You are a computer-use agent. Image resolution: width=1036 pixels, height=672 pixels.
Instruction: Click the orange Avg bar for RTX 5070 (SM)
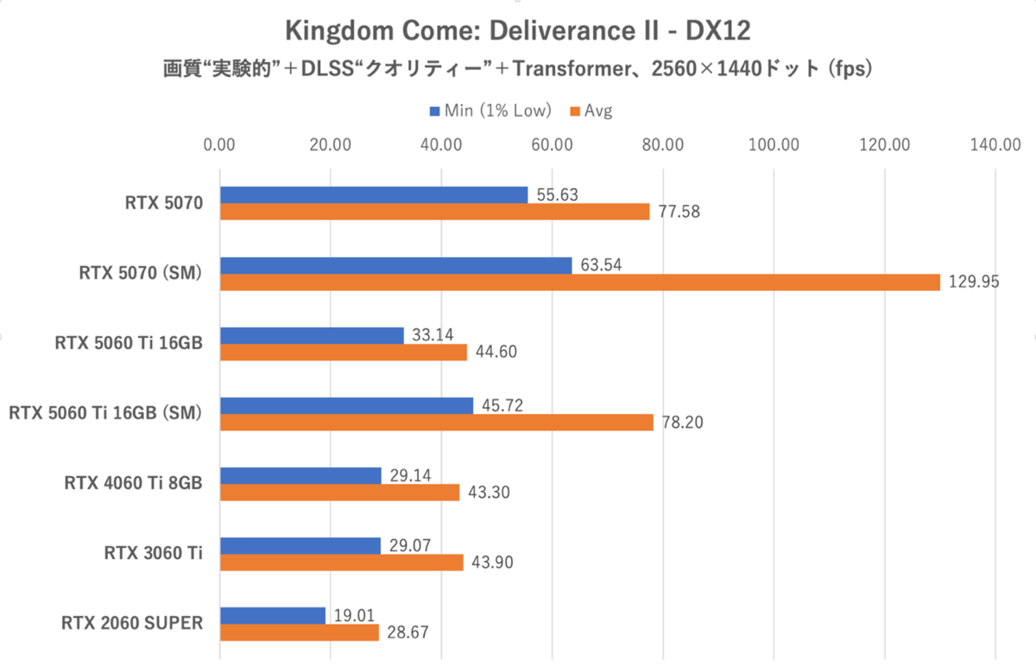coord(580,282)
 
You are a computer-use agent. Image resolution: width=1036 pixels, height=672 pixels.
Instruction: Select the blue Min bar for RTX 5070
coord(374,196)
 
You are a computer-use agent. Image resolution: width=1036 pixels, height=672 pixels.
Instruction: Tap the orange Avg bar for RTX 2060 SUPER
coord(300,632)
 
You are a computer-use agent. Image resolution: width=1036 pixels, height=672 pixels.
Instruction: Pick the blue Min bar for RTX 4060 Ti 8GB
coord(300,475)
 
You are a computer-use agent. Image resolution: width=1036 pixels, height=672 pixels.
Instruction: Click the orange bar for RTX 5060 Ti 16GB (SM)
coord(437,422)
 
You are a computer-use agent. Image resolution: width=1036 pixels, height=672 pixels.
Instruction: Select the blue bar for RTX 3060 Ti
coord(300,545)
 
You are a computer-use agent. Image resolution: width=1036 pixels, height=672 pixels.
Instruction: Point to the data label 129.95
coord(972,282)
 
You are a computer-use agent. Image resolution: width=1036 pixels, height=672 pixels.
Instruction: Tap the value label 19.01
coord(352,615)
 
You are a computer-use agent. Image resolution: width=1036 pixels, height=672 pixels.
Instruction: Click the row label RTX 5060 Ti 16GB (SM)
coord(104,414)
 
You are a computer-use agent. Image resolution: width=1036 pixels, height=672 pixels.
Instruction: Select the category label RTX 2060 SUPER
coord(131,624)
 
